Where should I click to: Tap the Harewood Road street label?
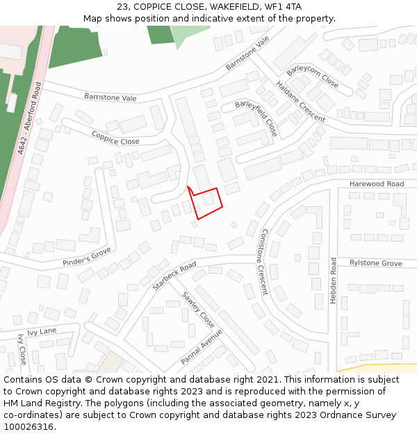coord(376,184)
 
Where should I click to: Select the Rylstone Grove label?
coord(375,263)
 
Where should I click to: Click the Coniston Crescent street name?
coord(263,262)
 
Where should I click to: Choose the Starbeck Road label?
coord(174,276)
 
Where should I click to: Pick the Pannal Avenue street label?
coord(201,347)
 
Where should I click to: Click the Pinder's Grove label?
coord(87,256)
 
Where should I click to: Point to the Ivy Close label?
coord(22,349)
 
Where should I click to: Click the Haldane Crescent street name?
coord(300,102)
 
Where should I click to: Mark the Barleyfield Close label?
coord(256,118)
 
